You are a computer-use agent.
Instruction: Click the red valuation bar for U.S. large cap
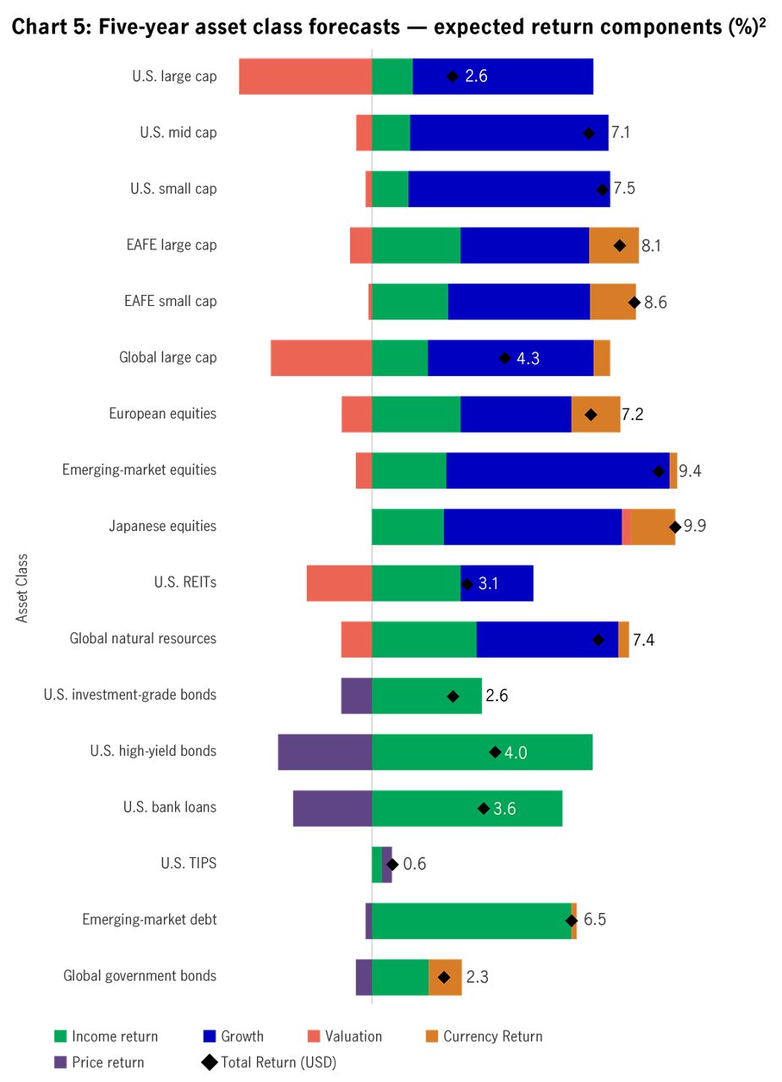tap(305, 76)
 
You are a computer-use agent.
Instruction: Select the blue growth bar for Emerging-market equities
tap(558, 470)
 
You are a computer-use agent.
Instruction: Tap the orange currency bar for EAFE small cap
tap(613, 302)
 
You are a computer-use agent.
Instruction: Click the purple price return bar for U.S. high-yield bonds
tap(325, 752)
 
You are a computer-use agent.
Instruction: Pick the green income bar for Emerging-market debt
tap(471, 921)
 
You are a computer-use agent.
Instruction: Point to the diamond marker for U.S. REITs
tap(467, 584)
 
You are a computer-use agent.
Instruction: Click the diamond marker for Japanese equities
tap(675, 527)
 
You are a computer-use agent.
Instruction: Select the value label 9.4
tap(690, 471)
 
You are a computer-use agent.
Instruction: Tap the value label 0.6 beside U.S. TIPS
tap(414, 865)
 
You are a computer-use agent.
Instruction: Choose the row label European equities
tap(162, 414)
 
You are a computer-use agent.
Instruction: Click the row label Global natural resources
tap(143, 639)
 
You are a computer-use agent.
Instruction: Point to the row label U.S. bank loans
tap(169, 807)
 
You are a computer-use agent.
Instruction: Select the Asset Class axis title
tap(23, 587)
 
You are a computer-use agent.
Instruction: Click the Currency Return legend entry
tap(492, 1036)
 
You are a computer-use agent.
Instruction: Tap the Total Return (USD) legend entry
tap(278, 1063)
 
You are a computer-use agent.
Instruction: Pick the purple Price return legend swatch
tap(60, 1063)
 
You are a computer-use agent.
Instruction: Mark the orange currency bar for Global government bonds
tap(445, 977)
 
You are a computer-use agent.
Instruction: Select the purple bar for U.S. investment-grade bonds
tap(356, 696)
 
